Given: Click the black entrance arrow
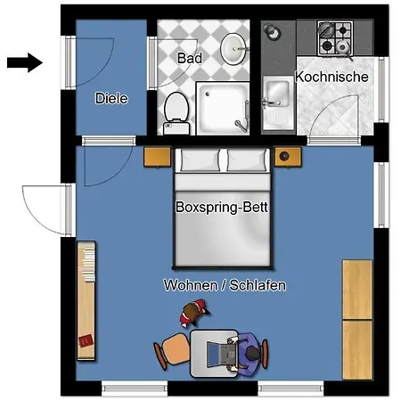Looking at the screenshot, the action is pos(25,62).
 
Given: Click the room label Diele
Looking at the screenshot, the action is pos(111,98).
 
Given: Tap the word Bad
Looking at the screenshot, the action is pos(190,58).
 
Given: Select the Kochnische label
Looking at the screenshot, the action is pos(331,77).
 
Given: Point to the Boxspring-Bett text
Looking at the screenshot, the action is pos(222,207).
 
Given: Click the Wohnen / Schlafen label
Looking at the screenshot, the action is pos(225,285).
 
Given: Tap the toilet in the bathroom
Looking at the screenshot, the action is pos(176,113).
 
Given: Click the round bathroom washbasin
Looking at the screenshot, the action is pos(234,49).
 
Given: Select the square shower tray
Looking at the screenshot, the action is pos(223,109).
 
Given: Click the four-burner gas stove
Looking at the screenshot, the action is pos(335,38).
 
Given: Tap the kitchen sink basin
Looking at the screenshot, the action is pos(278,92).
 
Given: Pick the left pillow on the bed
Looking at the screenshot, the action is pos(200,160).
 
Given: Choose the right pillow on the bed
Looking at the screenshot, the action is pos(247,160).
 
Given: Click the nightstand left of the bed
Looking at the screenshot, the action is pos(157,157).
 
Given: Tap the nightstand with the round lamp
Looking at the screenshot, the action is pos(288,157).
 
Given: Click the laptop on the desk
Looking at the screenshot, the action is pos(222,354).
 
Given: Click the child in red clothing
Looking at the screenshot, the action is pos(193,313).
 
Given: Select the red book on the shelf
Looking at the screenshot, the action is pos(86,340).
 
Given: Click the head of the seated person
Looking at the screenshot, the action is pos(252,354).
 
